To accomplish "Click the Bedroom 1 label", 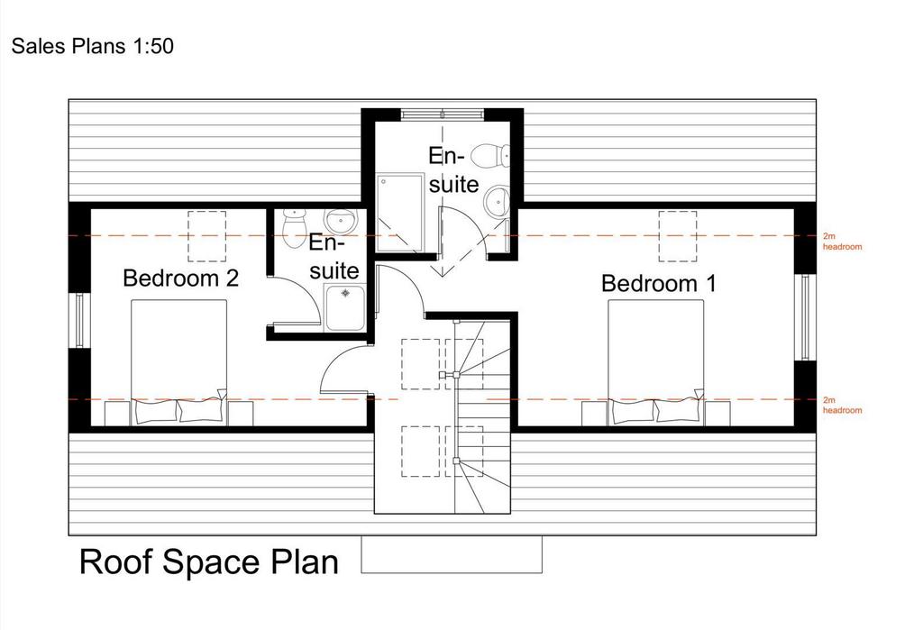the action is pyautogui.click(x=659, y=284).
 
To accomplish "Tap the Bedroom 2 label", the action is pyautogui.click(x=180, y=278).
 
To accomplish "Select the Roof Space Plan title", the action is pyautogui.click(x=209, y=562).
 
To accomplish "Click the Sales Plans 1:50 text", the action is pyautogui.click(x=93, y=46).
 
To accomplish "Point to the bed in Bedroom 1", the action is pyautogui.click(x=656, y=362).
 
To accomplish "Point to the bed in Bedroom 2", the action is pyautogui.click(x=179, y=362).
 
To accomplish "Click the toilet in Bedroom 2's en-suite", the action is pyautogui.click(x=294, y=228).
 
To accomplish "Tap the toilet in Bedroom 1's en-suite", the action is pyautogui.click(x=490, y=155).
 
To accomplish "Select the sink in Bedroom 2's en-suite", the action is pyautogui.click(x=341, y=221).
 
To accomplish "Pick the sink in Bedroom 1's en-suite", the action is pyautogui.click(x=497, y=201).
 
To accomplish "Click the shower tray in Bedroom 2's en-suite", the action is pyautogui.click(x=345, y=307).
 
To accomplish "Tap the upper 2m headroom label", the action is pyautogui.click(x=843, y=242).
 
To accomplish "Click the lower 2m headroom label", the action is pyautogui.click(x=843, y=405).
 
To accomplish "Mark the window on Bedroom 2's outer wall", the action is pyautogui.click(x=79, y=320).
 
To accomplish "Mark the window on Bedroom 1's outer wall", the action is pyautogui.click(x=805, y=316).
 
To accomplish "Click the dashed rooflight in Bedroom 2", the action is pyautogui.click(x=206, y=236).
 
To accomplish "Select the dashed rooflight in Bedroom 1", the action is pyautogui.click(x=678, y=236).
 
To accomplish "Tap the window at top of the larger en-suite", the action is pyautogui.click(x=442, y=114).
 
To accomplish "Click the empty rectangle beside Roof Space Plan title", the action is pyautogui.click(x=452, y=554).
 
